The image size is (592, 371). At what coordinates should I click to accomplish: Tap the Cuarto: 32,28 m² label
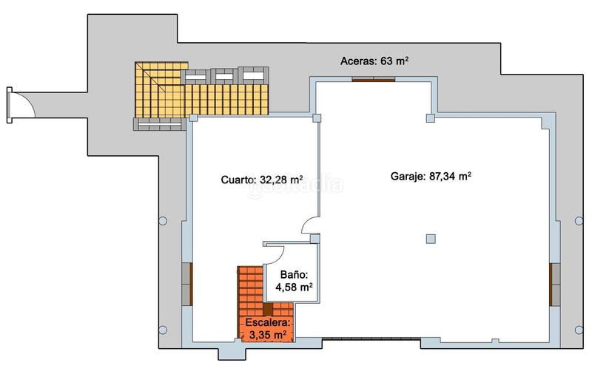click(261, 179)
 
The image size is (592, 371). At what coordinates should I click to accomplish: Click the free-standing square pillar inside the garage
click(431, 237)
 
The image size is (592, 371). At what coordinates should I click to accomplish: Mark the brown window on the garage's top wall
click(373, 80)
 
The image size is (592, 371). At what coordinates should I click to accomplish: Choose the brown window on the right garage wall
click(552, 284)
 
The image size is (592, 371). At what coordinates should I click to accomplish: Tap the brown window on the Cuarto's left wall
click(188, 284)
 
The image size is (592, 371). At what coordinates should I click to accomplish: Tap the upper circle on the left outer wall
click(162, 219)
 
